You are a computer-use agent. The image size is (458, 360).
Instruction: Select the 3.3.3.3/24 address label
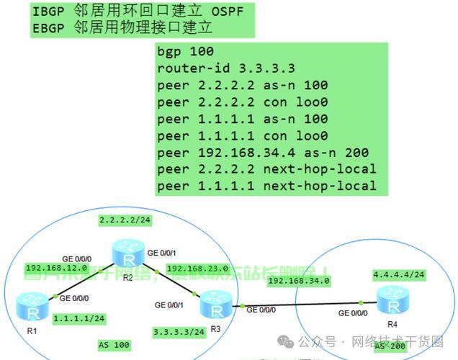pyautogui.click(x=179, y=331)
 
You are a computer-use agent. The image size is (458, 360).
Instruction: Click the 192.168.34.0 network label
pyautogui.click(x=298, y=280)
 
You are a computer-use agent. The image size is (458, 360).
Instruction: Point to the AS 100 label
pyautogui.click(x=114, y=346)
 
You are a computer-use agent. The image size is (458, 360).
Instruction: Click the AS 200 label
pyautogui.click(x=390, y=347)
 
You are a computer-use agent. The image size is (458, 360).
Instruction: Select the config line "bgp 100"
pyautogui.click(x=185, y=51)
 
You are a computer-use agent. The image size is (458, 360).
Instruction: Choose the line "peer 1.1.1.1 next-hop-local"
pyautogui.click(x=266, y=186)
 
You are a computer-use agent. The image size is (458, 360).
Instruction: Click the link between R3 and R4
pyautogui.click(x=302, y=305)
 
